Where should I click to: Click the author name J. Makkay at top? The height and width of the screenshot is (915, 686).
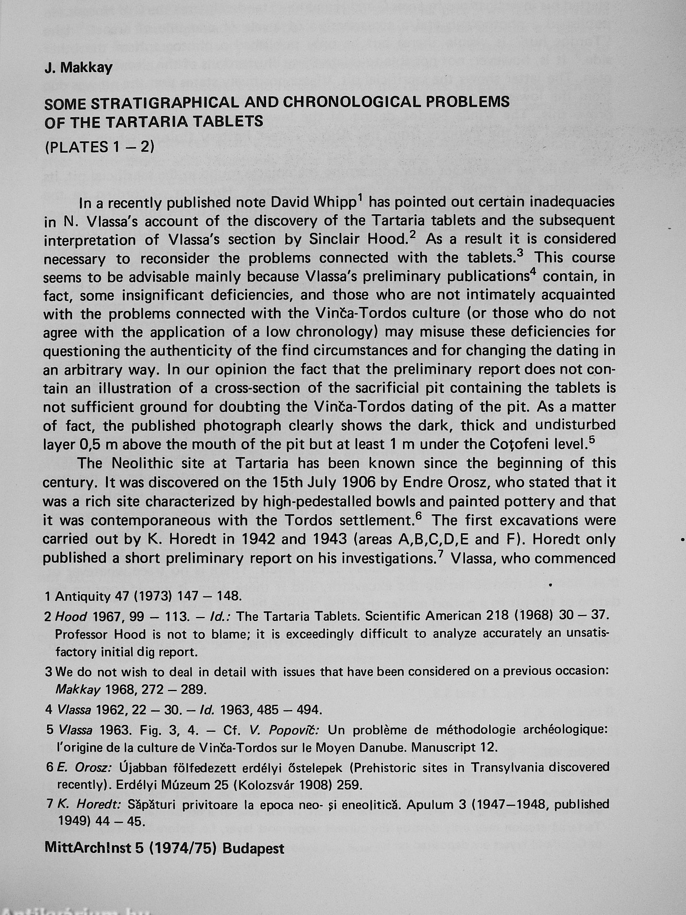point(79,68)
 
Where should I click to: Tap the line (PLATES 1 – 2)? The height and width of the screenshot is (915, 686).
point(99,147)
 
